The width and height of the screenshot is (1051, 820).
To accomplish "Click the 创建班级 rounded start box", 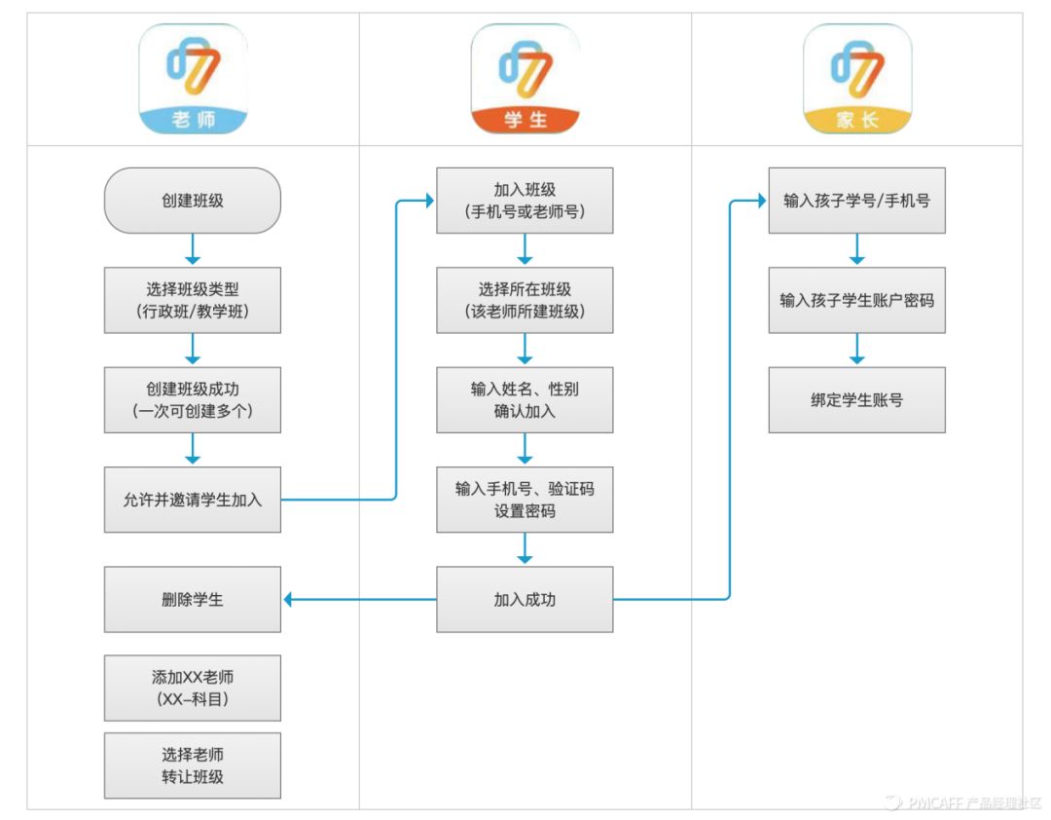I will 192,201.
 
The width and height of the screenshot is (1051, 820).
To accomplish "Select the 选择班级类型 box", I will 192,300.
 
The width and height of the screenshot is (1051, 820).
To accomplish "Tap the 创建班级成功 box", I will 192,399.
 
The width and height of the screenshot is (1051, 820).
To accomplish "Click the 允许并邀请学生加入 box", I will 192,500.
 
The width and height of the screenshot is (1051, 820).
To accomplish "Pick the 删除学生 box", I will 192,599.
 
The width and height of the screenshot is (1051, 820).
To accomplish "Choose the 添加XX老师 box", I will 192,688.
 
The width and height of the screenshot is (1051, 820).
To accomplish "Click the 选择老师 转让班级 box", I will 192,765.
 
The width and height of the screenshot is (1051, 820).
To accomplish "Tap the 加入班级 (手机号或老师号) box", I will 525,201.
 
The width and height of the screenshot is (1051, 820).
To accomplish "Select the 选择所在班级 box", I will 525,300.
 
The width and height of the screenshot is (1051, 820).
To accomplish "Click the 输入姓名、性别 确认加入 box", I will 525,399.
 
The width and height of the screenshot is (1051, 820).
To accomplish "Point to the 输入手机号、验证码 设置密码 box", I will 525,500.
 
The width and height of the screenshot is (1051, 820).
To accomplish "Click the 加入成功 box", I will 525,599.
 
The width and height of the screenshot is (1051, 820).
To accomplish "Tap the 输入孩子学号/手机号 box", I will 856,201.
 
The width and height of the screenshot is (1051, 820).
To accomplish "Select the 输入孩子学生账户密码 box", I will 856,300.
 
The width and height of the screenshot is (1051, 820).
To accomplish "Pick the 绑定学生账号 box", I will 856,399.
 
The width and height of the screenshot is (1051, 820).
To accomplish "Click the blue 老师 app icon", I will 193,79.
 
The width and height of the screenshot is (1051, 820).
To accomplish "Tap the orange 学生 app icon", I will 525,79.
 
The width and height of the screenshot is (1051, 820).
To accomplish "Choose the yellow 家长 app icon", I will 857,79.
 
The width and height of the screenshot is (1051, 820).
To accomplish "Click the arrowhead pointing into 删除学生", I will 289,599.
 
